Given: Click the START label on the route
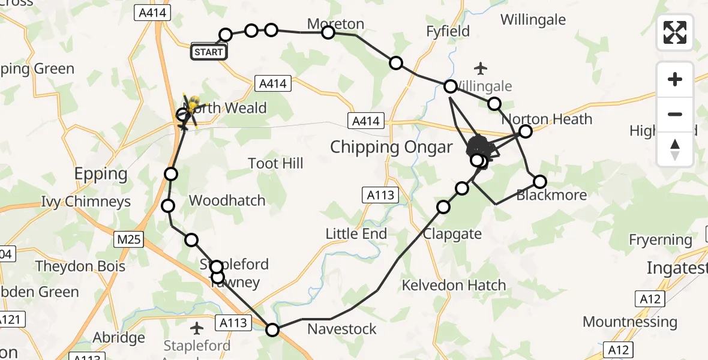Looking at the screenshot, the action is [208, 52].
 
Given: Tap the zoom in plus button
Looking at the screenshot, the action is [675, 79].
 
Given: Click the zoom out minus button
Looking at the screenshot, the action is [675, 114].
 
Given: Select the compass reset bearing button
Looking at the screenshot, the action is [675, 149].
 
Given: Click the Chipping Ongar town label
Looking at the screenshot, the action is [391, 147].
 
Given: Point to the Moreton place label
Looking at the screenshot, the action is [335, 24].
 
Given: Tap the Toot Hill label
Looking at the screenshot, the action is [275, 163].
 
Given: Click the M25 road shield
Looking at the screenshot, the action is [129, 240].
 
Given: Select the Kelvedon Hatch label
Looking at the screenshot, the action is [454, 285].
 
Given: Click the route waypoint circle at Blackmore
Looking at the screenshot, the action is [540, 181].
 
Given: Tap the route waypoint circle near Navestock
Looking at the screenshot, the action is [272, 329].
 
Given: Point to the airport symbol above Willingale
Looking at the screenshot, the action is [481, 68].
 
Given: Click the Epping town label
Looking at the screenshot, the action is [101, 174].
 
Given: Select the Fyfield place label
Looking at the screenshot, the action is [448, 31].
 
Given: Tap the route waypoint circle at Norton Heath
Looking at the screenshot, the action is [526, 131].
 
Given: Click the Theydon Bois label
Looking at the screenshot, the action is [80, 266].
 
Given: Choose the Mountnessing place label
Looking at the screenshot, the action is [629, 322].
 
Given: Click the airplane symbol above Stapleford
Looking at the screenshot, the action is [197, 328].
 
